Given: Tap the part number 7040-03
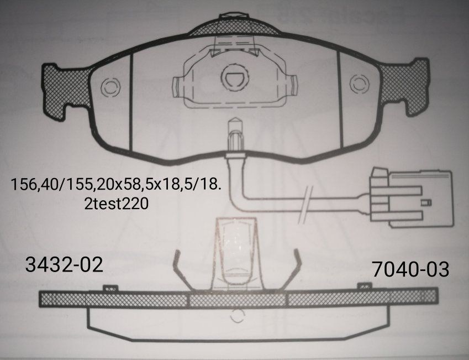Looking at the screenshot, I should pos(409,270).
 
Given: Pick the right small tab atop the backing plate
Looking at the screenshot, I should pos(363,286).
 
